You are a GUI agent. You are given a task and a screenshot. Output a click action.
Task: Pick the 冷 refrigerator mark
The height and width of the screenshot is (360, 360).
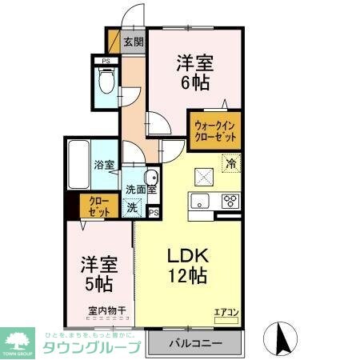[x=230, y=163]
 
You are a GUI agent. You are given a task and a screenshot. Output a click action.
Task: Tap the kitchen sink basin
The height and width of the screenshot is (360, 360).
[x=200, y=200]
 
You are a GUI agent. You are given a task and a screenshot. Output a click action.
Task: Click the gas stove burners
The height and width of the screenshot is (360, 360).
[x=230, y=200]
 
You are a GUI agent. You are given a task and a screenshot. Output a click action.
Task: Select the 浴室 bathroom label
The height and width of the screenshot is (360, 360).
[x=103, y=165]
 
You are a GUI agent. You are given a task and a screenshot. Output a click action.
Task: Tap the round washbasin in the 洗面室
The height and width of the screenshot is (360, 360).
[x=150, y=178]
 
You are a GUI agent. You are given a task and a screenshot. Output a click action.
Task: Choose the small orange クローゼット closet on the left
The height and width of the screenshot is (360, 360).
[x=99, y=206]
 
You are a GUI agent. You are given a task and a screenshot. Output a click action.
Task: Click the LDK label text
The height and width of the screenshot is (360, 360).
[x=187, y=257]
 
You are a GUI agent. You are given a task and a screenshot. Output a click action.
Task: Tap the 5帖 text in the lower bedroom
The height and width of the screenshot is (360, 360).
[x=95, y=282]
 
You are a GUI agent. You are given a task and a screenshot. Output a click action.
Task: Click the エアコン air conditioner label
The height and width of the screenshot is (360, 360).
[x=225, y=312]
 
